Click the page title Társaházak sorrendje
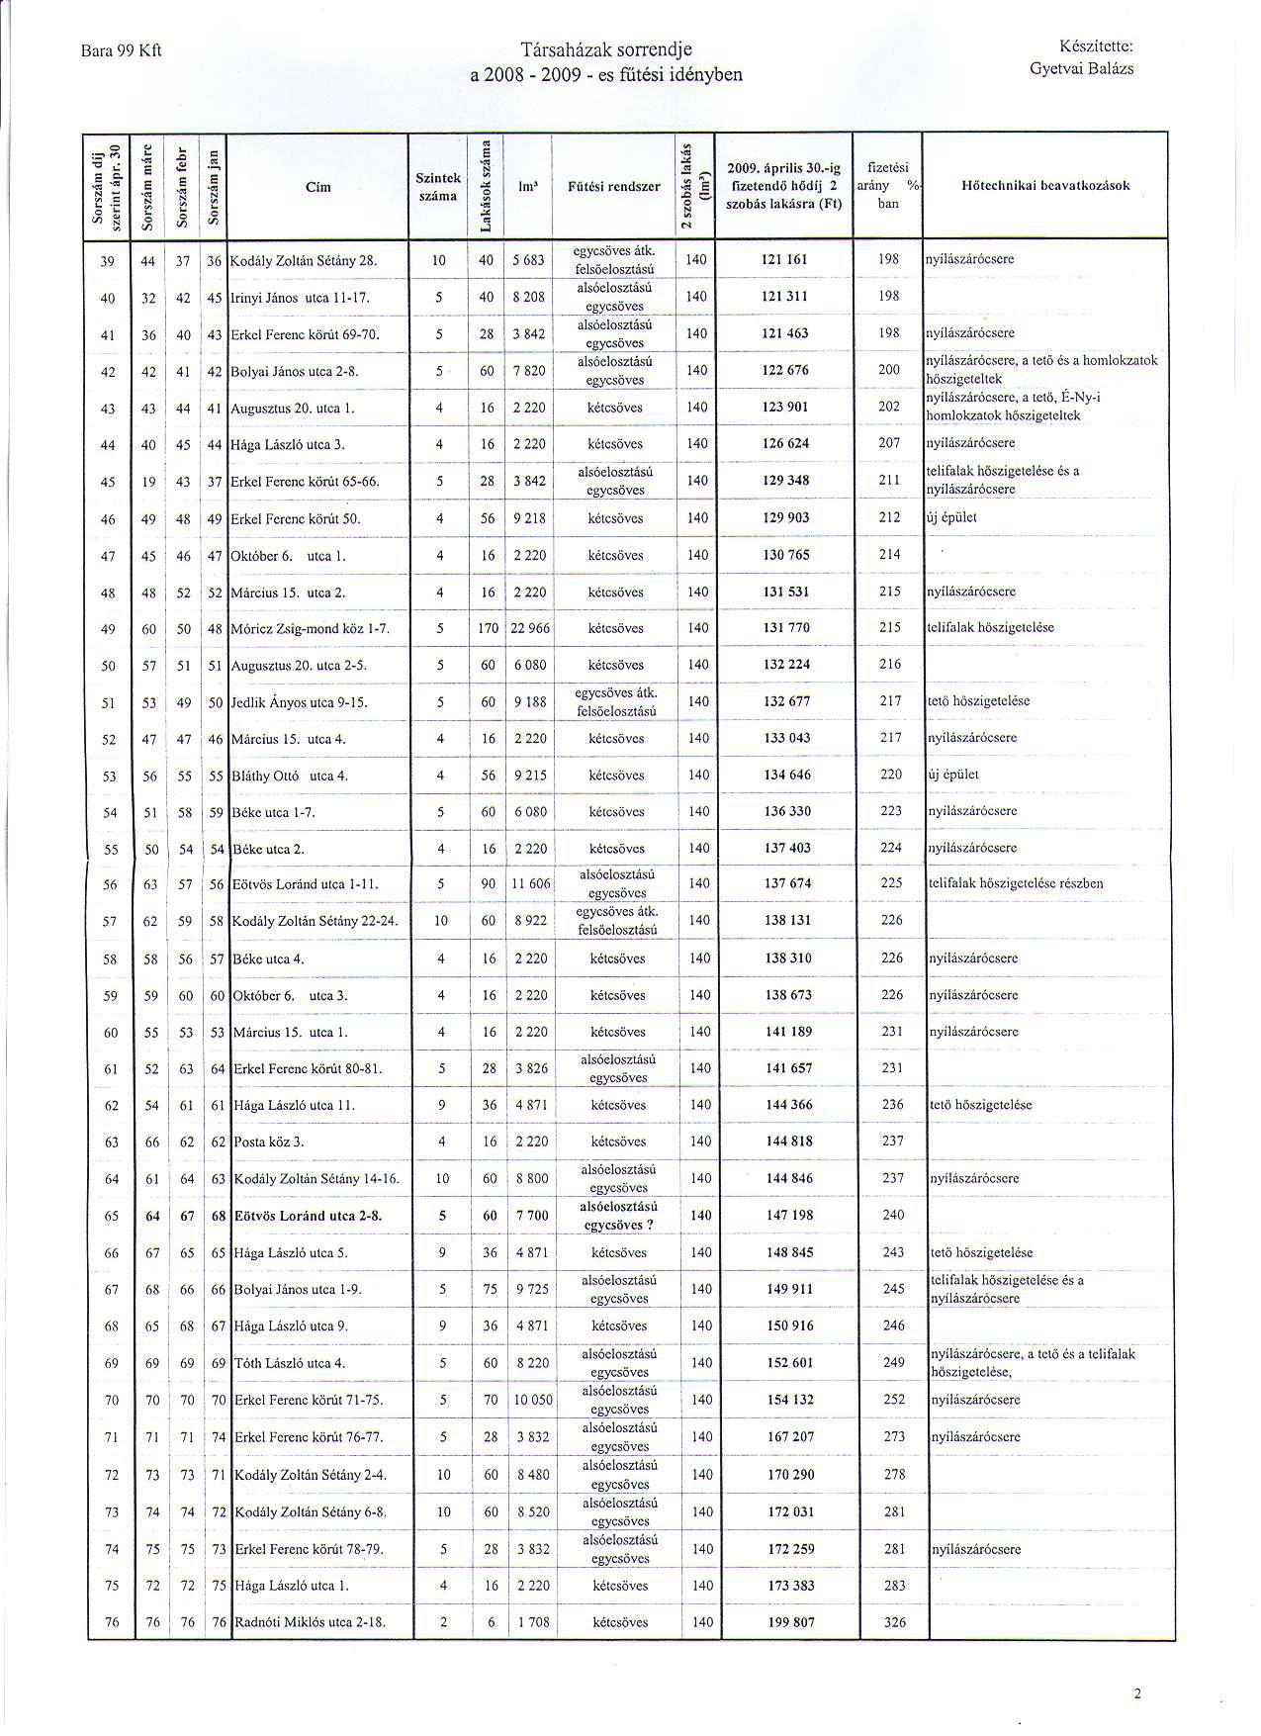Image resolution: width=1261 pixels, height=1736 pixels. tap(607, 50)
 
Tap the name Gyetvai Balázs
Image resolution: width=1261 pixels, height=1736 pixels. tap(1081, 69)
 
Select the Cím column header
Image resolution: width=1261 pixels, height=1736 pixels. tap(318, 187)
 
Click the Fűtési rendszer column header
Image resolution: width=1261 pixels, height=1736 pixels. tap(614, 186)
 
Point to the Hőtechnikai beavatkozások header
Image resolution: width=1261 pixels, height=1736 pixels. tap(1045, 186)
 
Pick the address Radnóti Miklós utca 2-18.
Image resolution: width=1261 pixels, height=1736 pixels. tap(308, 1622)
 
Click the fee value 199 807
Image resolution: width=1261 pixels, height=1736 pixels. tap(789, 1621)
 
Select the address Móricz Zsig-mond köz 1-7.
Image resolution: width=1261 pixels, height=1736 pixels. tap(312, 629)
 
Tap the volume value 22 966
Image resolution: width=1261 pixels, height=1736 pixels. tap(530, 629)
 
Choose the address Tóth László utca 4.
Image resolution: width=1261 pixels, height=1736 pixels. tap(290, 1363)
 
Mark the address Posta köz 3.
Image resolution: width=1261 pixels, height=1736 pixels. tap(269, 1142)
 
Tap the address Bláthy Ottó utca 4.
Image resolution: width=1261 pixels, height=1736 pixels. tap(291, 777)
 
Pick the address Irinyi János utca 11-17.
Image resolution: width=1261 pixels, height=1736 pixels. tap(301, 298)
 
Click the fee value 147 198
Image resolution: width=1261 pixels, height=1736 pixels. tap(789, 1215)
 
